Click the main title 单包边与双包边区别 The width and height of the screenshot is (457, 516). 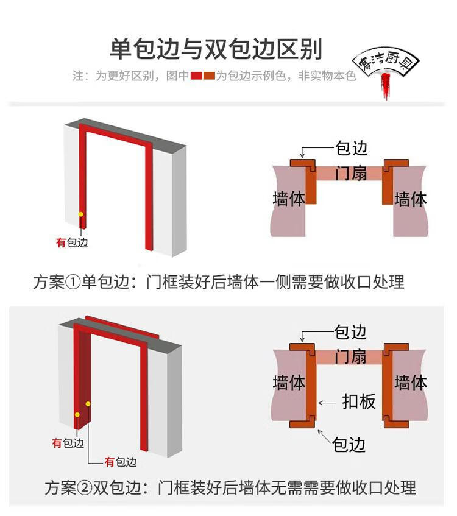(x=216, y=49)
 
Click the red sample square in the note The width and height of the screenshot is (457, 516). (x=196, y=76)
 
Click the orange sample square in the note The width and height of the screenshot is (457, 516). (x=209, y=76)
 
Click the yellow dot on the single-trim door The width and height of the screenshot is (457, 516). (x=80, y=214)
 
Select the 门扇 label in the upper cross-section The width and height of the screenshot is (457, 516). (x=351, y=173)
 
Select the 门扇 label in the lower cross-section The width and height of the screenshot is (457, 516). (x=350, y=357)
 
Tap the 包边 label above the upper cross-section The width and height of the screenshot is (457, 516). (x=352, y=148)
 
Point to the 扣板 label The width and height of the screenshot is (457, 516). (x=359, y=401)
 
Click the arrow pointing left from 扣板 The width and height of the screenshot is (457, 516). (x=327, y=403)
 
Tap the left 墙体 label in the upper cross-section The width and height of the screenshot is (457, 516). (x=289, y=199)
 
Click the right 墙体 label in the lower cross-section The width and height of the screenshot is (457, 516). (x=411, y=383)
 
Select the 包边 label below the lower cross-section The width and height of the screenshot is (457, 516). (x=349, y=445)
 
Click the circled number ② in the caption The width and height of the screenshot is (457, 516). (x=85, y=488)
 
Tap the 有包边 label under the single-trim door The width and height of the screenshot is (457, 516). (x=72, y=242)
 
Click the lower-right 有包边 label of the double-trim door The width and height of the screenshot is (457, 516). (x=121, y=462)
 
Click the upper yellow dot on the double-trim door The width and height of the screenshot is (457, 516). (x=88, y=404)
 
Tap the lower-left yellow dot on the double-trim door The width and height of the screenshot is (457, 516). (x=77, y=415)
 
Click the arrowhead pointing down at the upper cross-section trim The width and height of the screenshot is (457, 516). (x=302, y=155)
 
